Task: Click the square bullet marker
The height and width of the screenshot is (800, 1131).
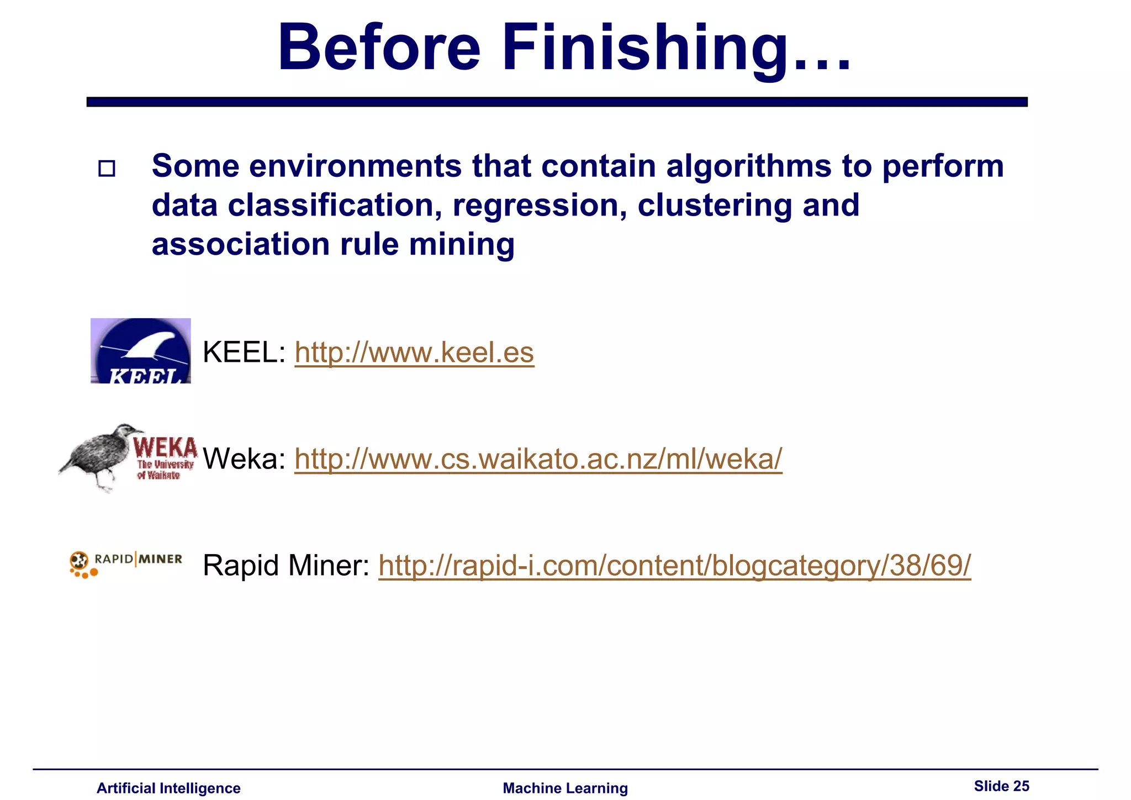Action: click(x=107, y=168)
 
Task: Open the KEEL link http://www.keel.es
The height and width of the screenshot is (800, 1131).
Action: click(x=414, y=352)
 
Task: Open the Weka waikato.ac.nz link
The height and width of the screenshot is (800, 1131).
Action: click(x=538, y=459)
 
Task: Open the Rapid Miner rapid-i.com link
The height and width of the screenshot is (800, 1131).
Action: click(x=674, y=565)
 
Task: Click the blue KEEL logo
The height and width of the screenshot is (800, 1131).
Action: click(x=141, y=351)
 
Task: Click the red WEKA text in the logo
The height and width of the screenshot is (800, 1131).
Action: click(x=165, y=446)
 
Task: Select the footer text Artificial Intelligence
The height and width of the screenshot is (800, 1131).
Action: click(x=168, y=788)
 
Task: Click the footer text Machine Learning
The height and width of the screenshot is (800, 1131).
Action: click(x=565, y=788)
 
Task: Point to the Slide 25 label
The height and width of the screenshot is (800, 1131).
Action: click(x=1001, y=786)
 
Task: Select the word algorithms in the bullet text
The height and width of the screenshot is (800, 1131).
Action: click(x=748, y=166)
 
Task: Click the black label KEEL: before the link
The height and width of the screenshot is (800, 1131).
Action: click(x=244, y=352)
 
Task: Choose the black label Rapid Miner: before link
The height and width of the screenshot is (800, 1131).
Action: click(x=286, y=565)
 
